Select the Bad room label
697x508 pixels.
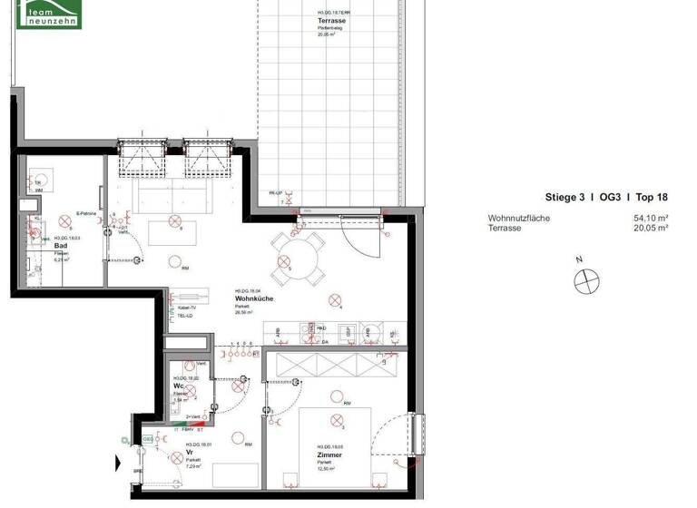point(61,246)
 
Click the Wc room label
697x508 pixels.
point(180,386)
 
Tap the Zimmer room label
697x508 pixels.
point(330,455)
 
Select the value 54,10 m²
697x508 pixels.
point(650,219)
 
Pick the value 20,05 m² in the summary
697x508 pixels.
point(650,229)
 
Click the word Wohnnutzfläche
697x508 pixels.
point(518,219)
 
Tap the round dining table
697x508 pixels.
point(299,256)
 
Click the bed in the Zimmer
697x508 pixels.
point(335,435)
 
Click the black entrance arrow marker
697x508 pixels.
point(117,463)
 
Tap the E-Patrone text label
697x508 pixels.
point(86,214)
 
